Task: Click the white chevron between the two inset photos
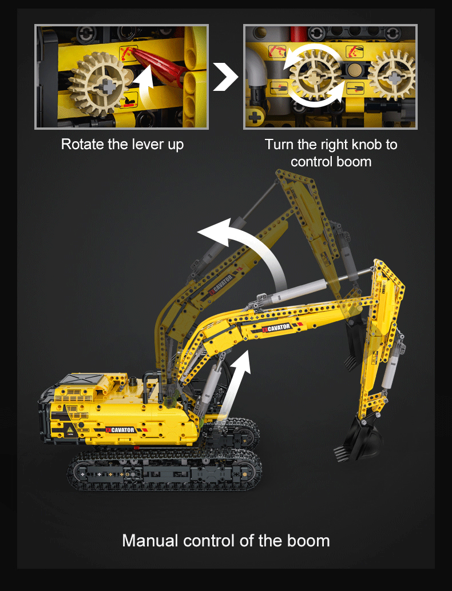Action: [225, 77]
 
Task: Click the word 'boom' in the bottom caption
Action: [310, 540]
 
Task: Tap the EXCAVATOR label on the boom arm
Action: [277, 328]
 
